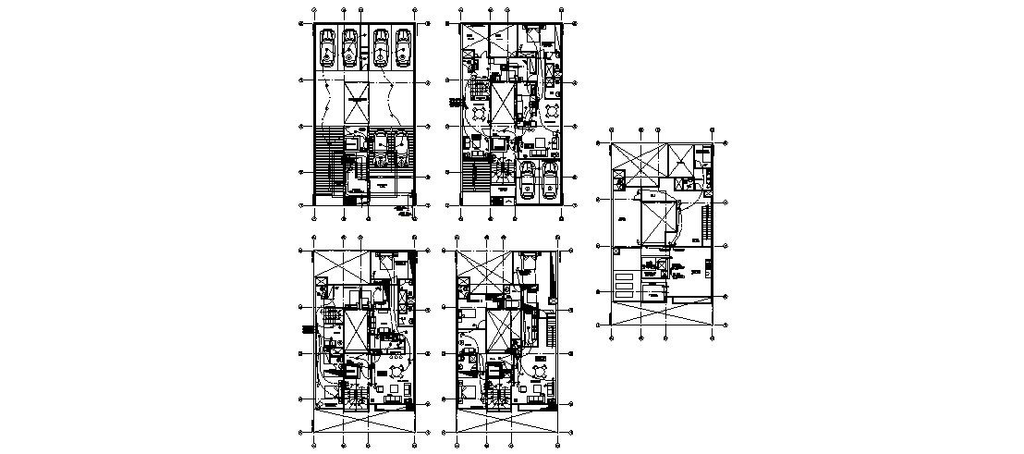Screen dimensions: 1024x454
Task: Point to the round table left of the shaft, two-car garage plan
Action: click(x=479, y=113)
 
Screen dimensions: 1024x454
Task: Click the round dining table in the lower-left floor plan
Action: click(x=396, y=370)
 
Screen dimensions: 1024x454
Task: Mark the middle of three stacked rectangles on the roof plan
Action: click(x=626, y=285)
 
